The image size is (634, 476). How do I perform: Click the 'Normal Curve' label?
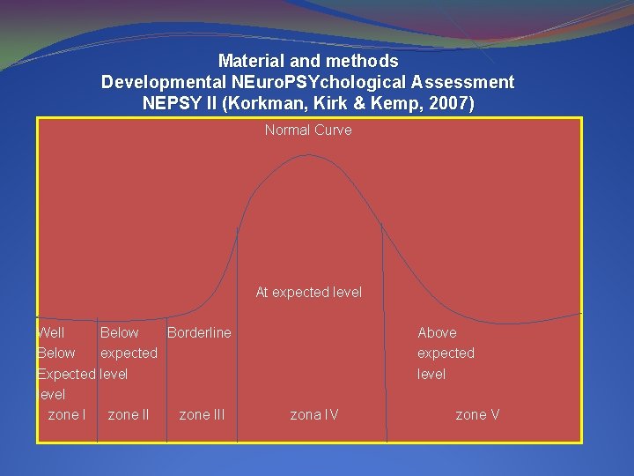[308, 130]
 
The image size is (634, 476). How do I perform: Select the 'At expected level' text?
[308, 292]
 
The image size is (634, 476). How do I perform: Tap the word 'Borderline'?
[199, 332]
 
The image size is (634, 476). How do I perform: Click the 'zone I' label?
[66, 414]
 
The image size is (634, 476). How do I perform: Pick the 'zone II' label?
[128, 414]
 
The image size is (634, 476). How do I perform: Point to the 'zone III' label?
[202, 414]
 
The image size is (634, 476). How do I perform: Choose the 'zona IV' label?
[314, 414]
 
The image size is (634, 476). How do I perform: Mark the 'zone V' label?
[477, 414]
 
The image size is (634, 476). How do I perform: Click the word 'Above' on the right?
[437, 332]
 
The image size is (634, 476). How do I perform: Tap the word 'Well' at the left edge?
[51, 332]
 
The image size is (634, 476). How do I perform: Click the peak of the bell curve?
[308, 155]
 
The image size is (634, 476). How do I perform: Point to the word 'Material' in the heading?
[249, 62]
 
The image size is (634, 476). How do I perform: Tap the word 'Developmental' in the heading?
[155, 82]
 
